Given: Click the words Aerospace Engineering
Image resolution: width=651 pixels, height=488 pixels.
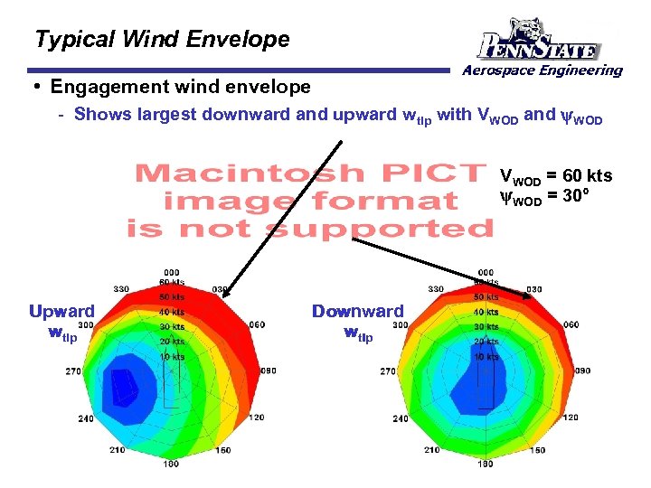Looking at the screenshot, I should [542, 70].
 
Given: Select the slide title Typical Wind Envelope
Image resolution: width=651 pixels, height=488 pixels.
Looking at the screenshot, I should [162, 40].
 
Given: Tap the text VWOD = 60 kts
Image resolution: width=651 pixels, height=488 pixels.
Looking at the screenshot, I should [556, 176].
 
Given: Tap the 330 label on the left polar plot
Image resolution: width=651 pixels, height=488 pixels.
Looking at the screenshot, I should [121, 289].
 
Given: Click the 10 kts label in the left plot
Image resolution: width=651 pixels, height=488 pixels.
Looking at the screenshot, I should [172, 357].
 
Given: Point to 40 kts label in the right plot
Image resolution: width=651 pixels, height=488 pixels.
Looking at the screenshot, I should [486, 312].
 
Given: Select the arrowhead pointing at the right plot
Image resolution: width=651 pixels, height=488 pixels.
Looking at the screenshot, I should [526, 294].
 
